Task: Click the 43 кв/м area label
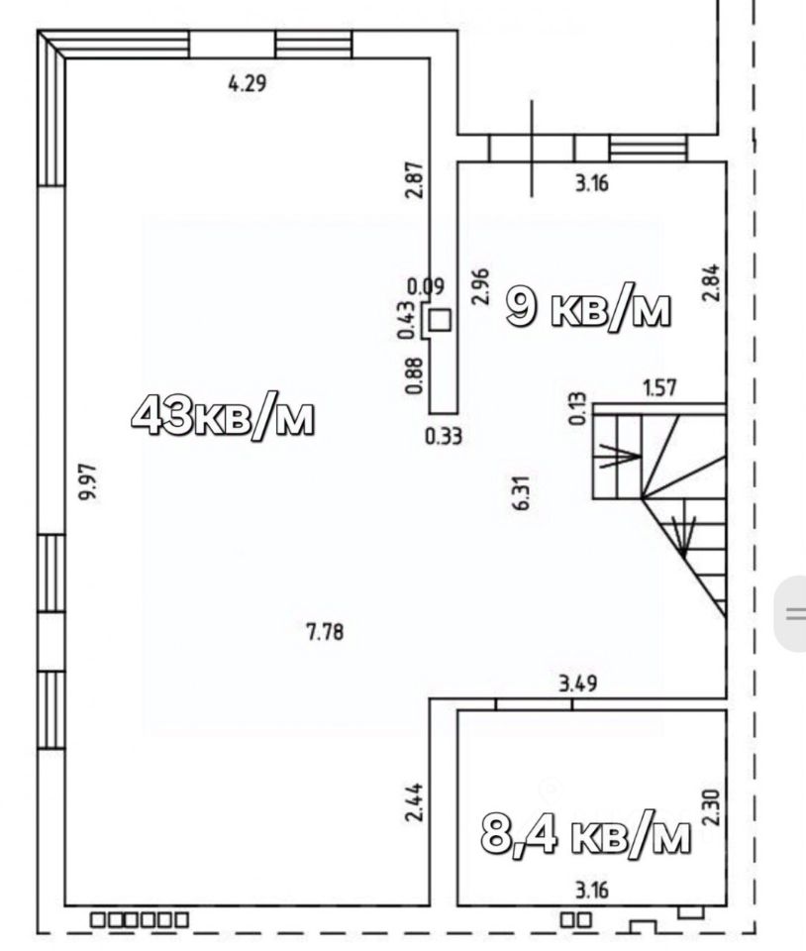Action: click(223, 416)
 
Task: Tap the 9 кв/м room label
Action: click(588, 308)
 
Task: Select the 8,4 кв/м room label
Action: click(585, 834)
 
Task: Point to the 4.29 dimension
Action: click(247, 82)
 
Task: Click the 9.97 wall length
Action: click(88, 481)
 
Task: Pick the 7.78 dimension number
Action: click(326, 632)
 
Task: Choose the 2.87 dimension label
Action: click(415, 179)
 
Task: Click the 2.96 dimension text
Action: click(479, 287)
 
